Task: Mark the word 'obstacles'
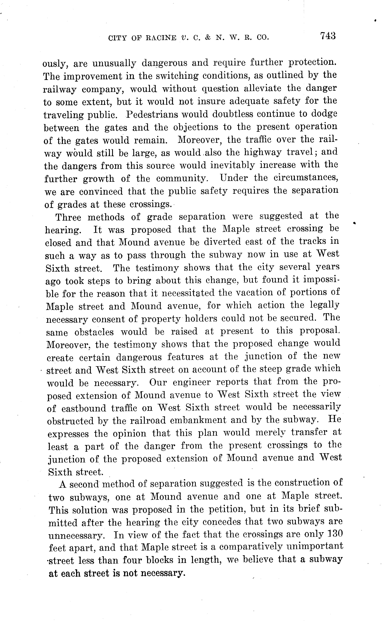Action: click(94, 332)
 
